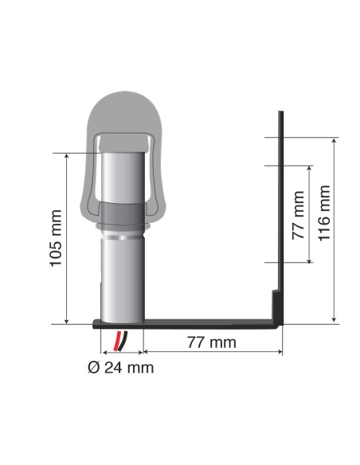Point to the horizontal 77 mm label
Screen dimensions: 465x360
coord(211,343)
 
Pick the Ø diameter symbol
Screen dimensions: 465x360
coord(92,367)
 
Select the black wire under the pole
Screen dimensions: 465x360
coord(116,340)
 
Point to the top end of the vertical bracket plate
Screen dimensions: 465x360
coord(280,114)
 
